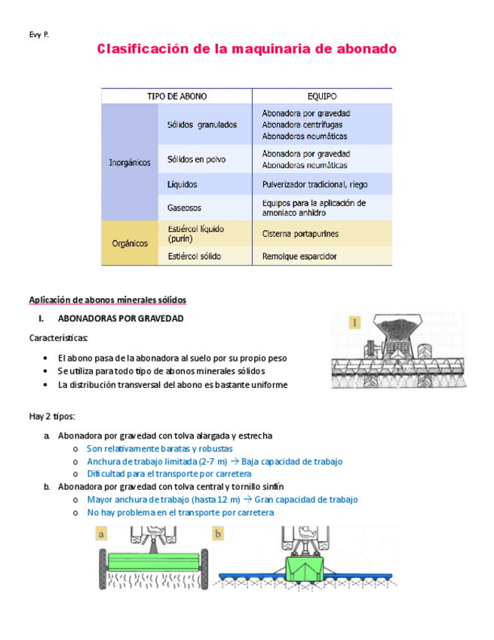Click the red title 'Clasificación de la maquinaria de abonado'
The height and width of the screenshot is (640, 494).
247,50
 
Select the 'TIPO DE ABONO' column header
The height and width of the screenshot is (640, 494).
176,97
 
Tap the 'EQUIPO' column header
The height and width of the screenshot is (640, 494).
322,97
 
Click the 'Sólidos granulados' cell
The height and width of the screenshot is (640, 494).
201,125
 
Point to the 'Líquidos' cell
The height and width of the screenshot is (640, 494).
183,184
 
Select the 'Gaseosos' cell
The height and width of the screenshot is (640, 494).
184,207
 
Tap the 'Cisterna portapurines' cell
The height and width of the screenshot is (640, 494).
300,234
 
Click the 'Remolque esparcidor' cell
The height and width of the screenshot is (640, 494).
299,257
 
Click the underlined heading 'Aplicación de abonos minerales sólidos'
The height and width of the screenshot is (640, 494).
107,300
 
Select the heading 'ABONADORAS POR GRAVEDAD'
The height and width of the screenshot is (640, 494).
121,319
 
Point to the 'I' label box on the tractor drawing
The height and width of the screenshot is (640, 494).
354,324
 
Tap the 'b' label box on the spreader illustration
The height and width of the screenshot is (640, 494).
218,534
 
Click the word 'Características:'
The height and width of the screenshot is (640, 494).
59,338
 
